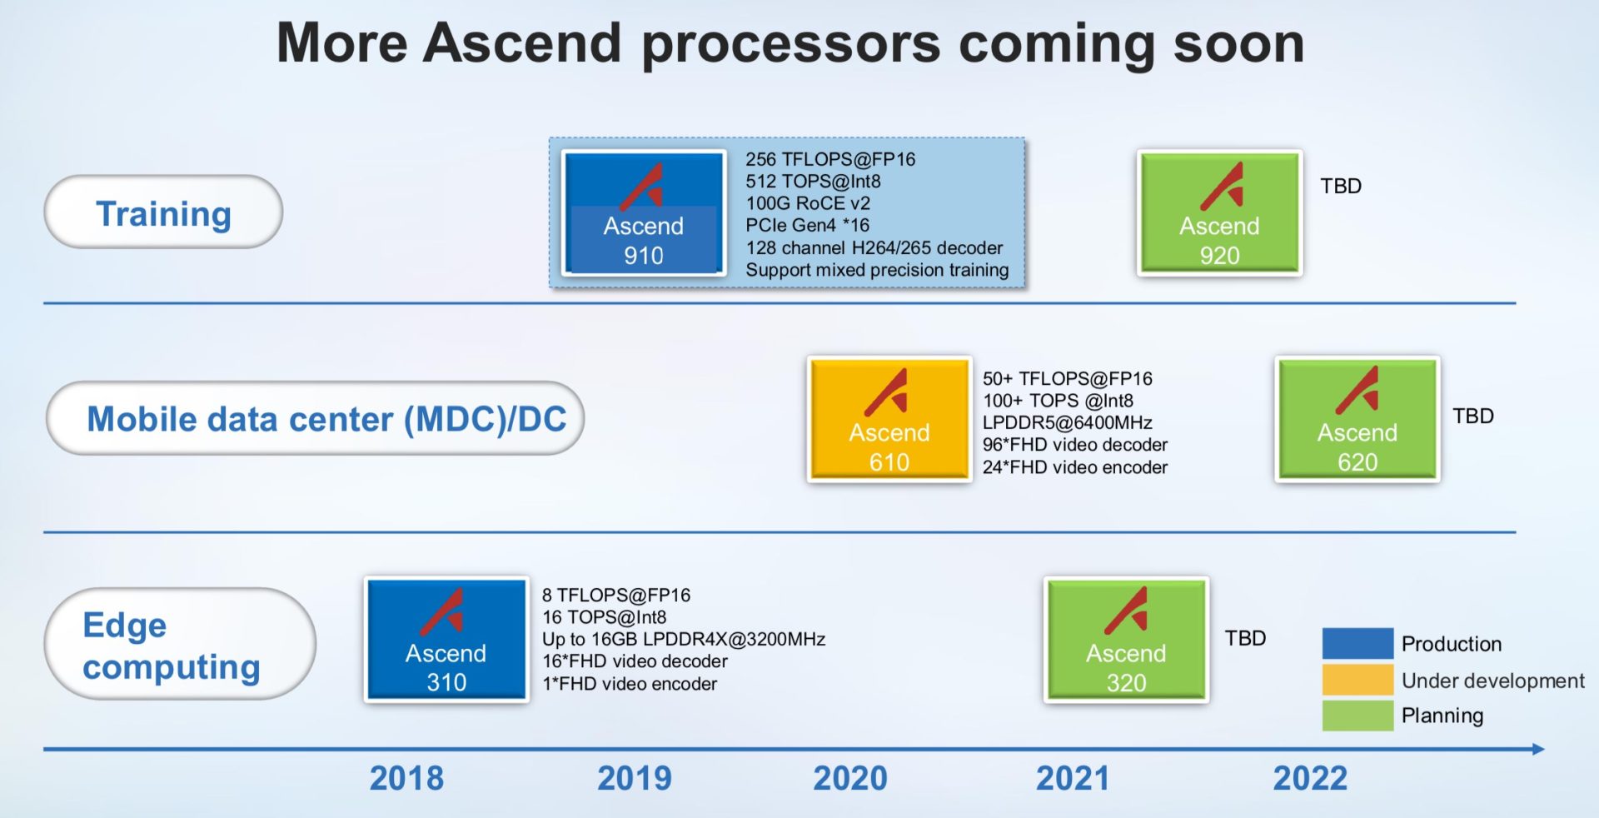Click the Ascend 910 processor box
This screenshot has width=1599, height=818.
643,213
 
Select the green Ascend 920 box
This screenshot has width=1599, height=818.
1219,213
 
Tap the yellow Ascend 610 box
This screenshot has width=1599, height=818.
889,419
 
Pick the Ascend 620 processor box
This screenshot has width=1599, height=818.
1357,419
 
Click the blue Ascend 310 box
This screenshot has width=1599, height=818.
446,640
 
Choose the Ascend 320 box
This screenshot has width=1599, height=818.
1126,640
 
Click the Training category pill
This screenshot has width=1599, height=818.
163,212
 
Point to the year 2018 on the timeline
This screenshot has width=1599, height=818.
406,778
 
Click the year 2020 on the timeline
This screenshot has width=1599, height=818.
849,778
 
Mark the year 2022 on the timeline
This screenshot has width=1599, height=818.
1310,778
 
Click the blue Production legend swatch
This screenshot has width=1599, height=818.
1357,643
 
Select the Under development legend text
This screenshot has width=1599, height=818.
1492,681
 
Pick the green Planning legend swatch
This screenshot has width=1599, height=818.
1357,716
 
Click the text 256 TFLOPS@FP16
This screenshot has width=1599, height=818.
829,159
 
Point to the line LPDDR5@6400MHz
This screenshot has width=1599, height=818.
1067,422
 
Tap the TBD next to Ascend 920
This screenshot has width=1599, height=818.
1340,186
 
